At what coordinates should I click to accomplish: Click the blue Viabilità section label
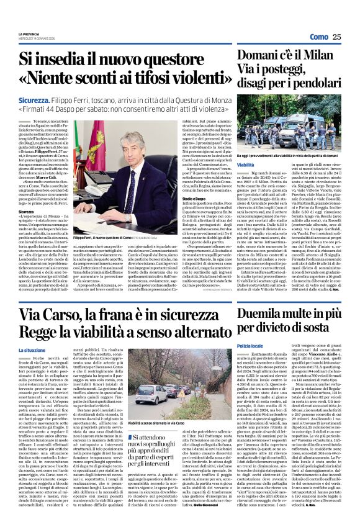tap(228, 165)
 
